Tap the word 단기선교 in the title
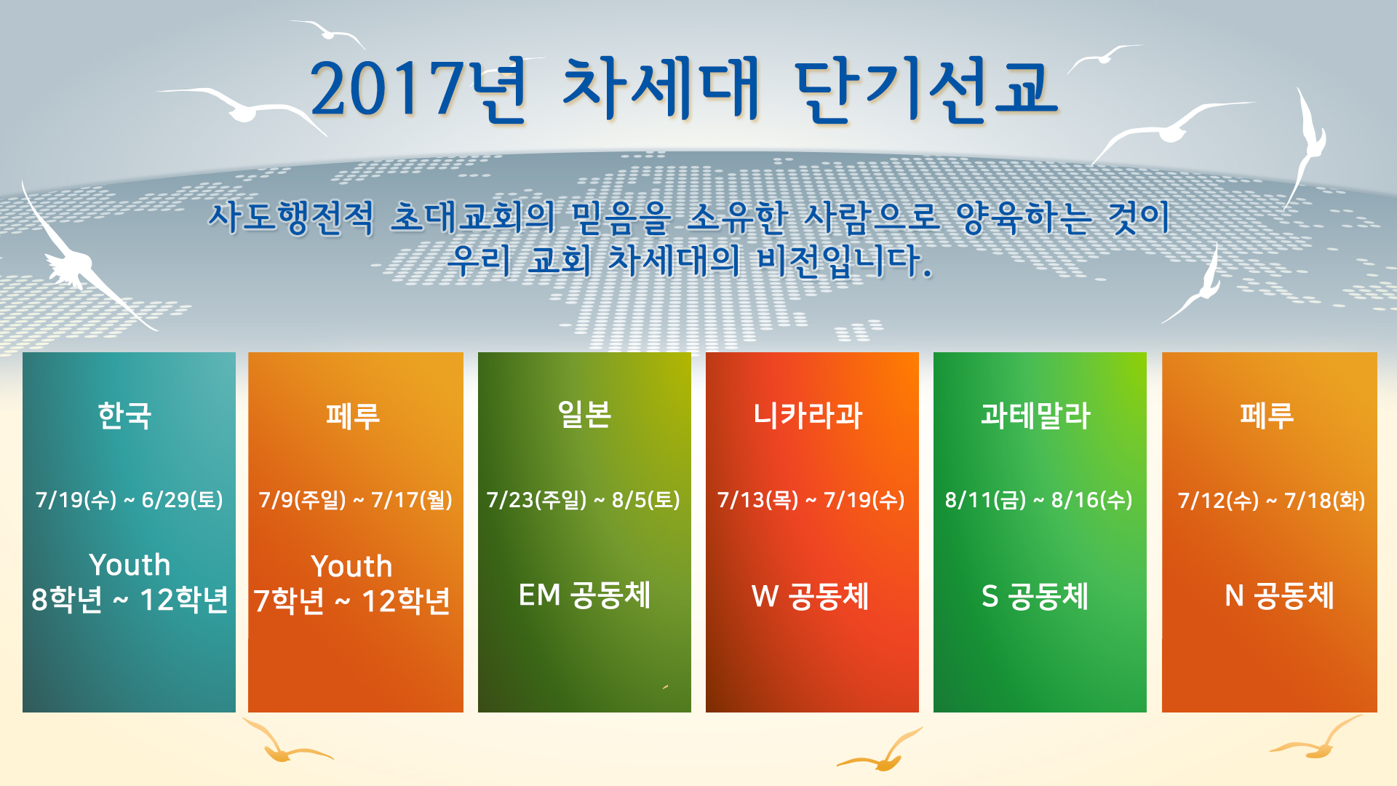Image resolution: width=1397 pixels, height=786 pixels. click(x=925, y=90)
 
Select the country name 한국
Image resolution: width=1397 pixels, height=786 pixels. click(x=125, y=416)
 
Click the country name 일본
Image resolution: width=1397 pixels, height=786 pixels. click(x=584, y=415)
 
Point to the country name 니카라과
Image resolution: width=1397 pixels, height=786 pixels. click(x=808, y=416)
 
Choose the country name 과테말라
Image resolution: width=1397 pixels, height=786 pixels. click(x=1035, y=416)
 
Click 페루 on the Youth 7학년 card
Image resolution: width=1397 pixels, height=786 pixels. click(x=353, y=416)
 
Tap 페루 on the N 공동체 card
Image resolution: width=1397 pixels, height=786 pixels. click(x=1267, y=416)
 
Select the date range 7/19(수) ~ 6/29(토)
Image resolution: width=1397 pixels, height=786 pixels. click(x=129, y=500)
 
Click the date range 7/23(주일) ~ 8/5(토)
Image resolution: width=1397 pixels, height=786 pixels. click(x=584, y=500)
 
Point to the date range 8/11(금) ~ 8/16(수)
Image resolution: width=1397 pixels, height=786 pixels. click(x=1038, y=500)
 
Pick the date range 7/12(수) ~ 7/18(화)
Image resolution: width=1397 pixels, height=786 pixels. click(x=1271, y=501)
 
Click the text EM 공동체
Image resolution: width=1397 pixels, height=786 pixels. click(x=584, y=595)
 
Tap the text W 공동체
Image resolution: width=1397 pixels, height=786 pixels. click(x=810, y=596)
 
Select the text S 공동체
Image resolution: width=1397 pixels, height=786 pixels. click(x=1035, y=596)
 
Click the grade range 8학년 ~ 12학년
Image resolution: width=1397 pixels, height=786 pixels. click(x=130, y=600)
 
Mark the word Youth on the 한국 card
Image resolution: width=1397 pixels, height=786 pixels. click(x=130, y=565)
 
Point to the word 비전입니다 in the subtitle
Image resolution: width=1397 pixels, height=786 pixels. click(x=844, y=261)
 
